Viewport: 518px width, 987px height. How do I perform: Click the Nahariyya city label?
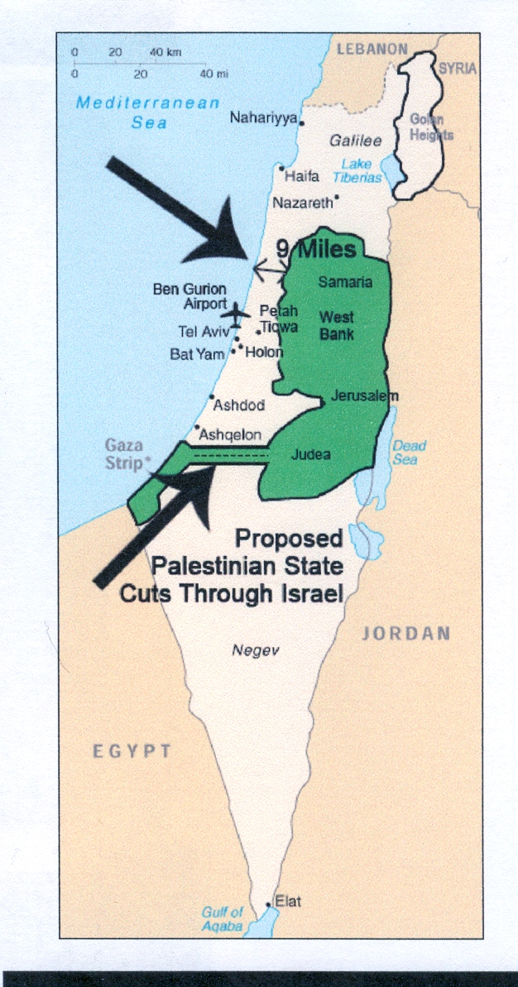click(264, 117)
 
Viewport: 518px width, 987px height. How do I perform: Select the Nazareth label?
click(303, 201)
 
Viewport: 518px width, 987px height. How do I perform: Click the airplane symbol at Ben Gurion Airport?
click(236, 314)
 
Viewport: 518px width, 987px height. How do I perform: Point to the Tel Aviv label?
click(201, 332)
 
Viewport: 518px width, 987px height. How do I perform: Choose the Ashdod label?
click(238, 406)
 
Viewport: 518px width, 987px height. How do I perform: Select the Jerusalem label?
click(364, 395)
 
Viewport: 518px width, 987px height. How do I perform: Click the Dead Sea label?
click(409, 453)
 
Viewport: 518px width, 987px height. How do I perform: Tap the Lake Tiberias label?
click(357, 170)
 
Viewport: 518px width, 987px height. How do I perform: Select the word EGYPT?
click(132, 751)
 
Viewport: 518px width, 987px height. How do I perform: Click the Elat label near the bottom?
click(287, 901)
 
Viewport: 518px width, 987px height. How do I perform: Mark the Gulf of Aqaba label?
click(222, 919)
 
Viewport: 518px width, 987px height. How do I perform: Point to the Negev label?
click(256, 651)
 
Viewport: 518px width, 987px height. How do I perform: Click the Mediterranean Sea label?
click(148, 113)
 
